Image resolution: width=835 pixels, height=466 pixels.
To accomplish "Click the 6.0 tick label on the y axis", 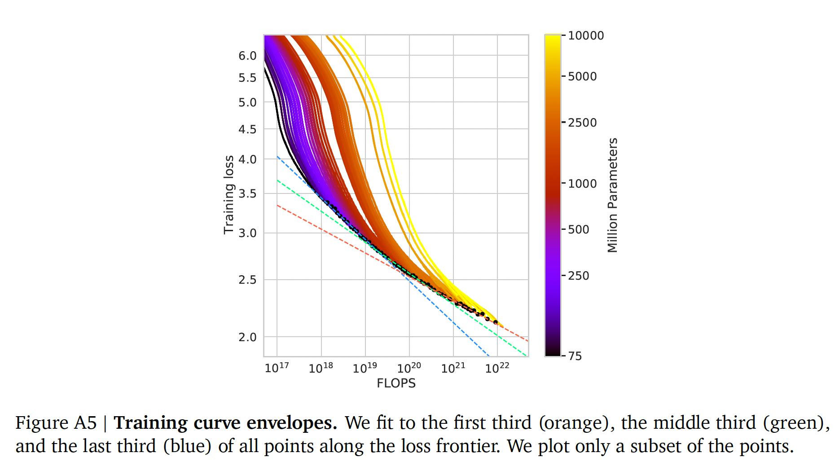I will pyautogui.click(x=247, y=56).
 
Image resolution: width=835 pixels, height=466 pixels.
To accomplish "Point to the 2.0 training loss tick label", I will pyautogui.click(x=247, y=337).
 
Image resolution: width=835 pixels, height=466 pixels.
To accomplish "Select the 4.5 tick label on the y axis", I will pyautogui.click(x=247, y=129).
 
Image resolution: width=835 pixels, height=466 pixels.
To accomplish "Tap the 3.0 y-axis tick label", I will pyautogui.click(x=247, y=233).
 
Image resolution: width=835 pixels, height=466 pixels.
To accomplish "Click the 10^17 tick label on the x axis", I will pyautogui.click(x=277, y=368).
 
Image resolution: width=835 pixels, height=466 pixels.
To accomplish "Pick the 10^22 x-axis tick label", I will pyautogui.click(x=497, y=368).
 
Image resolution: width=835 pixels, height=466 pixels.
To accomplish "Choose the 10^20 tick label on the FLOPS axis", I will pyautogui.click(x=409, y=368).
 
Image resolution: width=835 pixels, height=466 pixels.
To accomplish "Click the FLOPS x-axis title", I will pyautogui.click(x=396, y=383).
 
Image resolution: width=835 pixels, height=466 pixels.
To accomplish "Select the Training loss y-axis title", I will pyautogui.click(x=229, y=194).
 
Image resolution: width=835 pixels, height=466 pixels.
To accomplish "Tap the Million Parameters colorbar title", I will pyautogui.click(x=612, y=195).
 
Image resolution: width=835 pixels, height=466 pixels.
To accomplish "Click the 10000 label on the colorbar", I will pyautogui.click(x=586, y=35).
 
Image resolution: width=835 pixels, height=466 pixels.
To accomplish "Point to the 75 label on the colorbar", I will pyautogui.click(x=575, y=356).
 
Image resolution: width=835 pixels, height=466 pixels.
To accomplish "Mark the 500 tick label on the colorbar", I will pyautogui.click(x=579, y=229).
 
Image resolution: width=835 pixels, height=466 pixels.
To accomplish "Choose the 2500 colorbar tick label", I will pyautogui.click(x=582, y=123).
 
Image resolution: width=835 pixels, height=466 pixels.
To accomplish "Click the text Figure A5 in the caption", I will pyautogui.click(x=56, y=423).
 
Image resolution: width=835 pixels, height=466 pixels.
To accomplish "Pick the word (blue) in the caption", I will pyautogui.click(x=187, y=446).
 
